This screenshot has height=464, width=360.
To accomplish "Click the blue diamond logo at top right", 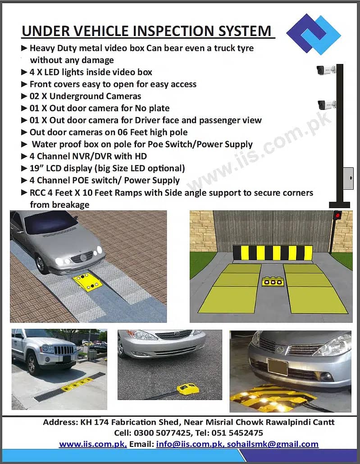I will (x=314, y=34).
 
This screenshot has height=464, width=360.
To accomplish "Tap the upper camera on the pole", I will (x=325, y=70).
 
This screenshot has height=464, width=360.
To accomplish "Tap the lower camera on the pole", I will (x=326, y=105).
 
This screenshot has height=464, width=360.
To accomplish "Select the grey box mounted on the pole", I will (x=348, y=178).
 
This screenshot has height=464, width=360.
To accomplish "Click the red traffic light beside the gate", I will (x=336, y=215).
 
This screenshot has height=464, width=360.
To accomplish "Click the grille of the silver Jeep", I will (x=64, y=350).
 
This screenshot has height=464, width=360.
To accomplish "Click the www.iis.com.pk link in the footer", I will (x=93, y=444).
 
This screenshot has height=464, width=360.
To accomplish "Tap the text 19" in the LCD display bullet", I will (x=37, y=168).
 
